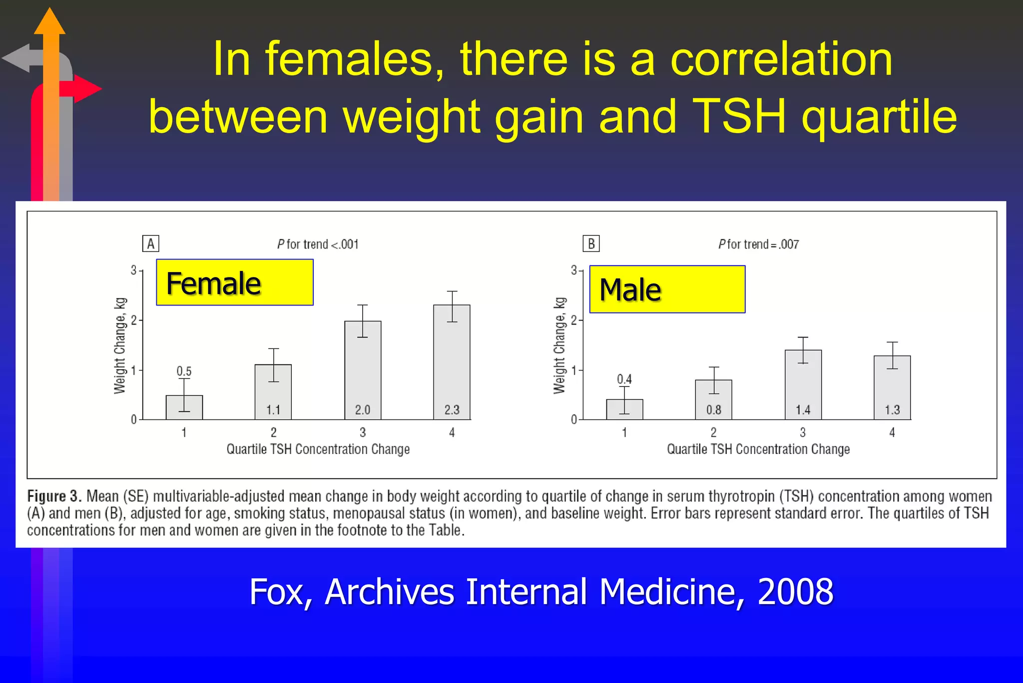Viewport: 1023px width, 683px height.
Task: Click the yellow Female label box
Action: click(x=234, y=282)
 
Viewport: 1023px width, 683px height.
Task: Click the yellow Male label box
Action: click(x=667, y=289)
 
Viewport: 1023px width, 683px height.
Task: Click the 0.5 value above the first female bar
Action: click(x=184, y=371)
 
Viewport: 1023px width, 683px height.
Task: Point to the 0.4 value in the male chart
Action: click(x=624, y=379)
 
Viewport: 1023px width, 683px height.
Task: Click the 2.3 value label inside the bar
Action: click(x=452, y=410)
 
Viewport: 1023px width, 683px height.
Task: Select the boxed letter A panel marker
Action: click(x=150, y=244)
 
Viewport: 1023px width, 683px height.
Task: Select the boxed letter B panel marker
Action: click(x=591, y=244)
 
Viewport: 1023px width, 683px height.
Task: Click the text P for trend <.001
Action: click(x=318, y=244)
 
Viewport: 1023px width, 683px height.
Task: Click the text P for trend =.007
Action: click(x=758, y=244)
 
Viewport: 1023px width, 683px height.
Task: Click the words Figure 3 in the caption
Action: click(x=54, y=496)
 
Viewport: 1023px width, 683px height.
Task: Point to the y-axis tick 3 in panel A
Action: click(x=133, y=270)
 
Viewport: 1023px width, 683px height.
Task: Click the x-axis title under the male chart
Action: click(x=758, y=449)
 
